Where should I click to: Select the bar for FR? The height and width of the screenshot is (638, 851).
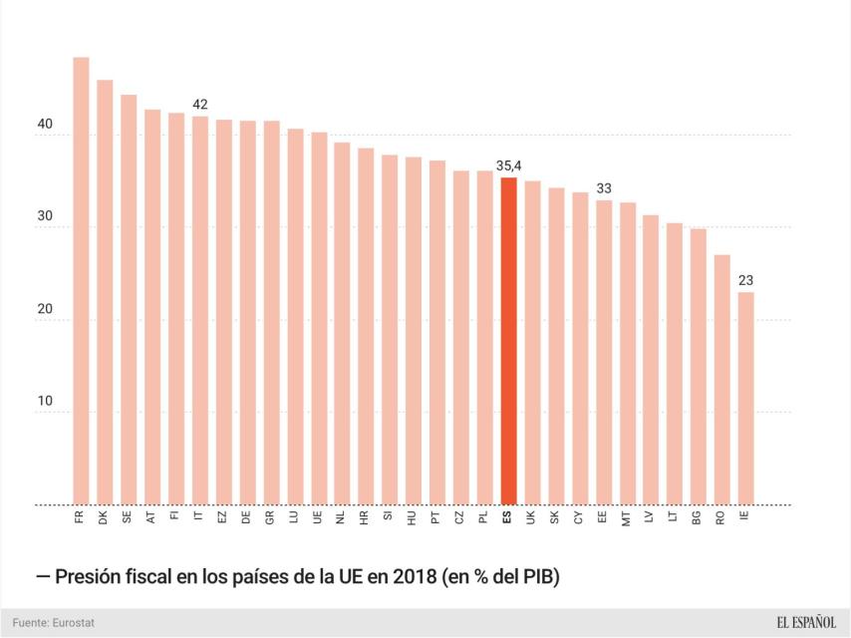click(81, 280)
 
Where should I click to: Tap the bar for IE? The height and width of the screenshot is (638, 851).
click(745, 398)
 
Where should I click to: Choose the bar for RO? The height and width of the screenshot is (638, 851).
click(721, 379)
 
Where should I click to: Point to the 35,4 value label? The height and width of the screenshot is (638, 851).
click(508, 166)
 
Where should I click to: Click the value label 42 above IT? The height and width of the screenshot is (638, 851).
click(200, 105)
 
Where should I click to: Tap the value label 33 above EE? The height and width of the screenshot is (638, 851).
click(604, 187)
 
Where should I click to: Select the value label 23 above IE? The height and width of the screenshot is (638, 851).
click(745, 280)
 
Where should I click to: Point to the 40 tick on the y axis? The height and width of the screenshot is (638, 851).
click(45, 126)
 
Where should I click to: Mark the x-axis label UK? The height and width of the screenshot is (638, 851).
click(532, 518)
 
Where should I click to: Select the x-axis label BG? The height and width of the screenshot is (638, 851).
click(698, 518)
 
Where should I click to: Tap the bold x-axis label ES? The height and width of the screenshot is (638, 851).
click(508, 518)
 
